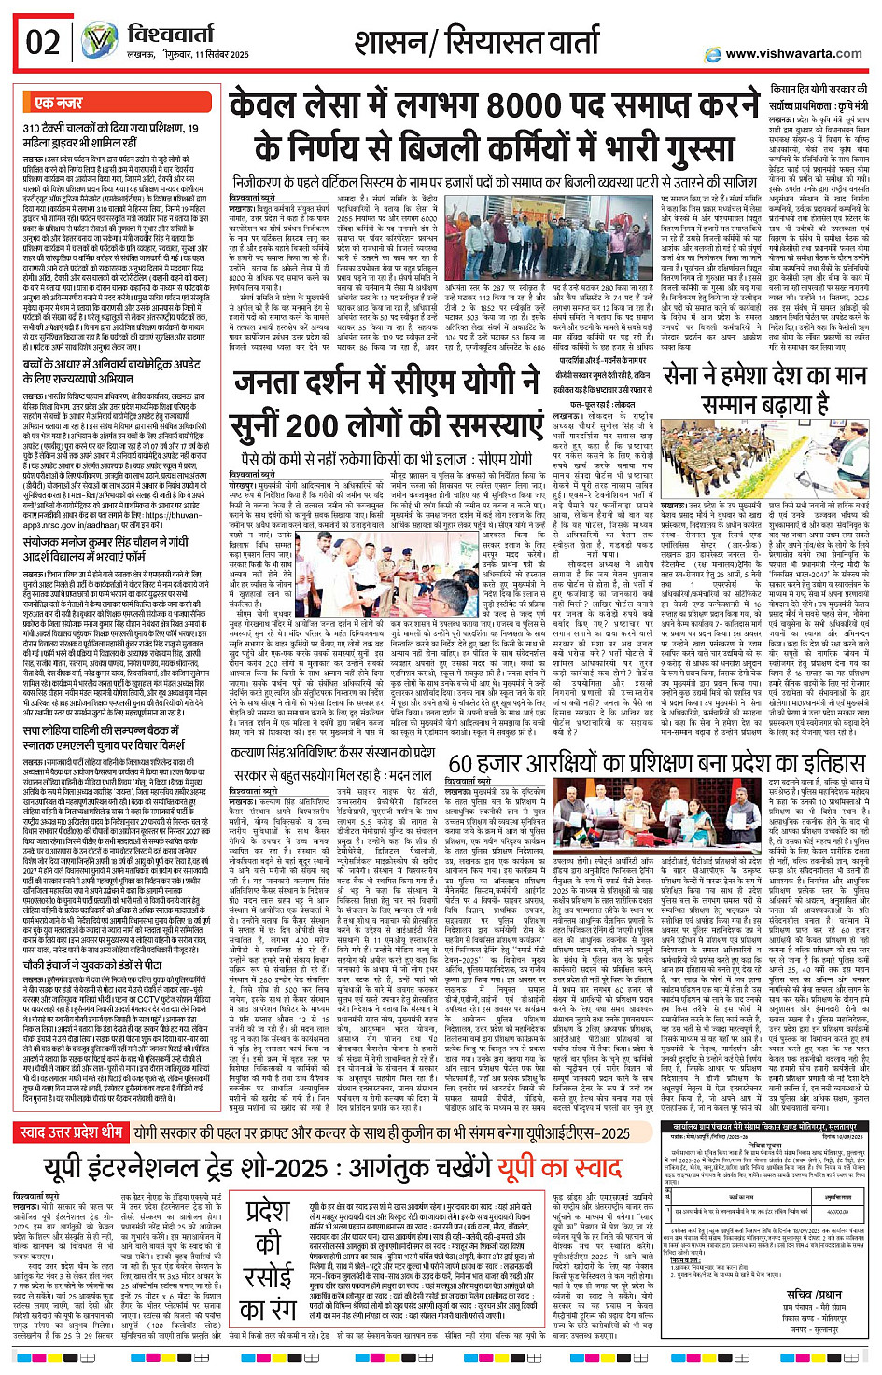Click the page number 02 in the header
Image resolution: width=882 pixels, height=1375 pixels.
[43, 43]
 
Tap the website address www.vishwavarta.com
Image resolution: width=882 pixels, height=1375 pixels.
[793, 54]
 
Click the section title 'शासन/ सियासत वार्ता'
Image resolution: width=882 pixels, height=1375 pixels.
[477, 43]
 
